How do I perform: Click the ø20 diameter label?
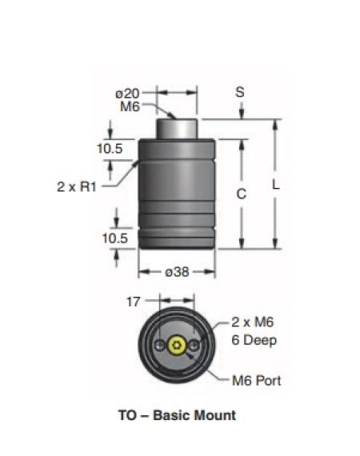pyautogui.click(x=127, y=94)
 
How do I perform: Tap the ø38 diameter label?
pyautogui.click(x=177, y=272)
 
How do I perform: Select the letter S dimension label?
pyautogui.click(x=240, y=92)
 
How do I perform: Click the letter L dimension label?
pyautogui.click(x=276, y=185)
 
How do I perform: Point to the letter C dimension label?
pyautogui.click(x=242, y=194)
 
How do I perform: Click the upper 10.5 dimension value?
pyautogui.click(x=110, y=149)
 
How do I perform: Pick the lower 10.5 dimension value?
pyautogui.click(x=115, y=238)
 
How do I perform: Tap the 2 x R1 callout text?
pyautogui.click(x=77, y=186)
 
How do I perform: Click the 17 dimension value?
pyautogui.click(x=134, y=302)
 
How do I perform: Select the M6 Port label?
pyautogui.click(x=257, y=381)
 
